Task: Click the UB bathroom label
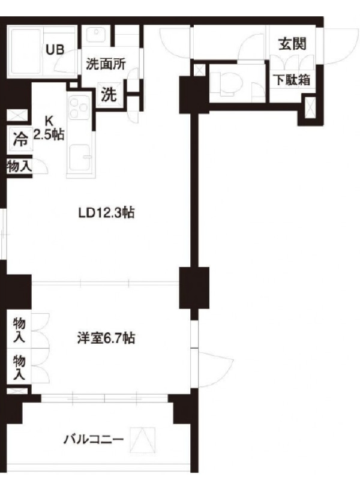coord(55,50)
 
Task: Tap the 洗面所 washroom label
coord(106,64)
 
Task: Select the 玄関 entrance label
coord(292,44)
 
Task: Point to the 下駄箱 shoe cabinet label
coord(292,80)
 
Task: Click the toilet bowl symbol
coord(227,83)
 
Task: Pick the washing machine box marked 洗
coord(109,95)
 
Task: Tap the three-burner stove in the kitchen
coord(79,107)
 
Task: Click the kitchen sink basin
coord(80,158)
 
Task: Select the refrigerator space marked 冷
coord(20,139)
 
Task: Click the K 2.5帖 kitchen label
coord(49,128)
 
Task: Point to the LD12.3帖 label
coord(106,213)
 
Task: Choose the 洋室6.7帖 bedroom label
coord(106,338)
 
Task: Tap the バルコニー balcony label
coord(94,440)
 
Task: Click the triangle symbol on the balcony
coord(142,440)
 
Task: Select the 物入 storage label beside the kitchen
coord(19,167)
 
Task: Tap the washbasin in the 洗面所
coord(96,35)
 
